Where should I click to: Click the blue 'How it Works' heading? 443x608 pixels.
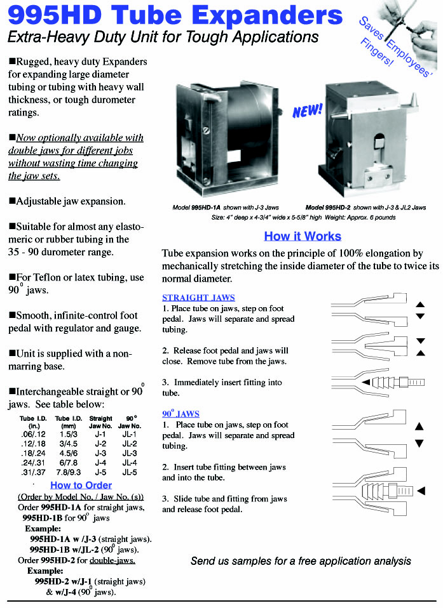(303, 236)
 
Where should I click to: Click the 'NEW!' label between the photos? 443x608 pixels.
(308, 111)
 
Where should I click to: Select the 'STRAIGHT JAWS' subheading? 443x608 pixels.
(198, 297)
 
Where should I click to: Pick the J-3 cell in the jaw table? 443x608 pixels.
(100, 453)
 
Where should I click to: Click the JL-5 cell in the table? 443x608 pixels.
(130, 472)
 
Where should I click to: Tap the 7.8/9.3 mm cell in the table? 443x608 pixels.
(68, 472)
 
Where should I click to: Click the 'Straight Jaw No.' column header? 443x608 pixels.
(100, 422)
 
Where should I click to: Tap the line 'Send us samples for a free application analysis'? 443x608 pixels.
(301, 561)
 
